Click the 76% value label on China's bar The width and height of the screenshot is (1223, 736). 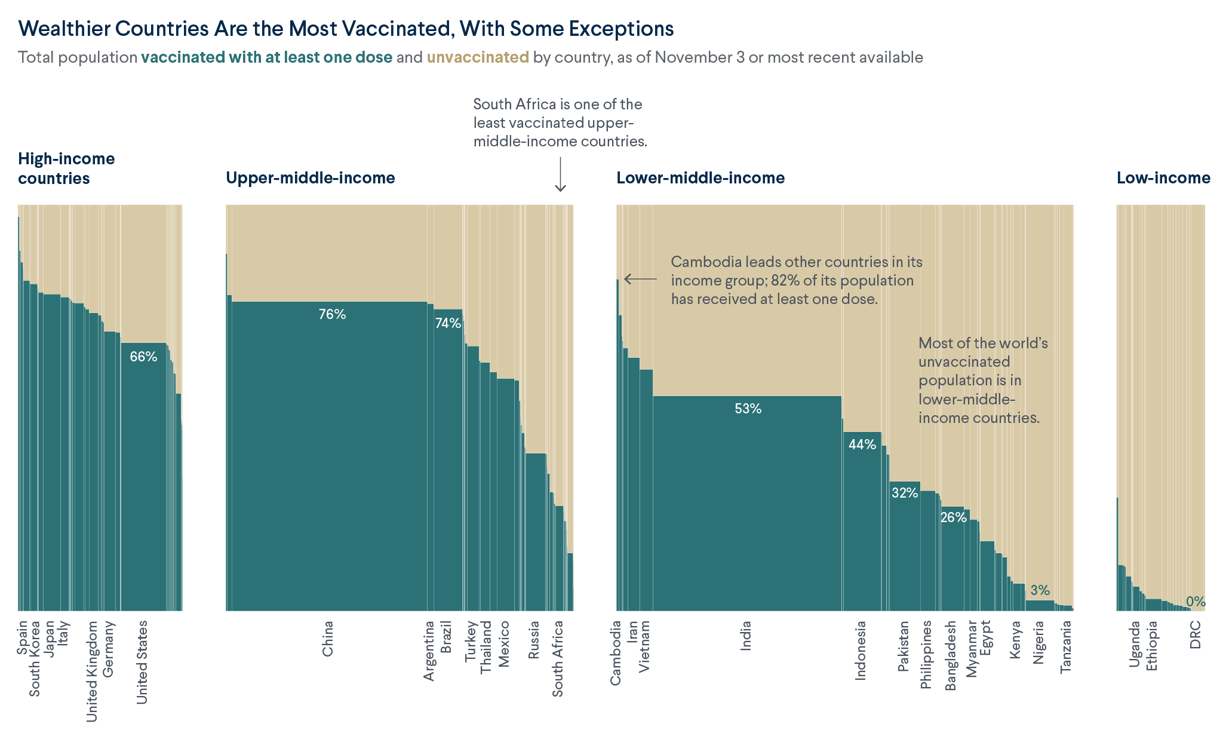click(x=332, y=314)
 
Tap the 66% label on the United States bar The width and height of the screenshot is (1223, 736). click(x=143, y=357)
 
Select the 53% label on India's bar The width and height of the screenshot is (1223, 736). click(x=748, y=409)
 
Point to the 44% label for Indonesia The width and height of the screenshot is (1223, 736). click(x=862, y=444)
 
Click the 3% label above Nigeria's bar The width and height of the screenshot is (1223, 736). click(x=1040, y=590)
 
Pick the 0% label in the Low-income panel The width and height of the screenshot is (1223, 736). click(x=1195, y=602)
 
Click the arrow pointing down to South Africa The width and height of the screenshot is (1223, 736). click(x=560, y=174)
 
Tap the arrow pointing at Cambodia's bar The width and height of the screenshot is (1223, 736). click(x=640, y=279)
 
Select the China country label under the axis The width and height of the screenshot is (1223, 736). click(x=328, y=639)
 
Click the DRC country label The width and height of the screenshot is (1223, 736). click(x=1195, y=634)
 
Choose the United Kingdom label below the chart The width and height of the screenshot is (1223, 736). click(x=92, y=671)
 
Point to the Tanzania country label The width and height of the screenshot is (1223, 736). click(x=1066, y=647)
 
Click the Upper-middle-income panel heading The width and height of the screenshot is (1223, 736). click(x=310, y=178)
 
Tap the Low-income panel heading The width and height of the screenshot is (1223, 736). click(x=1163, y=178)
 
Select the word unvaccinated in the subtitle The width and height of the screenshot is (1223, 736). click(x=477, y=57)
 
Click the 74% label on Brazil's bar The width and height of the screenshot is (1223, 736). click(x=448, y=323)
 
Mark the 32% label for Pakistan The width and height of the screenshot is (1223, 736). click(x=904, y=493)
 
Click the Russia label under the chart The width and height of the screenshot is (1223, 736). click(x=534, y=640)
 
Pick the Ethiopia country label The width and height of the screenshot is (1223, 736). click(x=1152, y=646)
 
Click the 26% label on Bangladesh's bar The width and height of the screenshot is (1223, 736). click(x=953, y=517)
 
